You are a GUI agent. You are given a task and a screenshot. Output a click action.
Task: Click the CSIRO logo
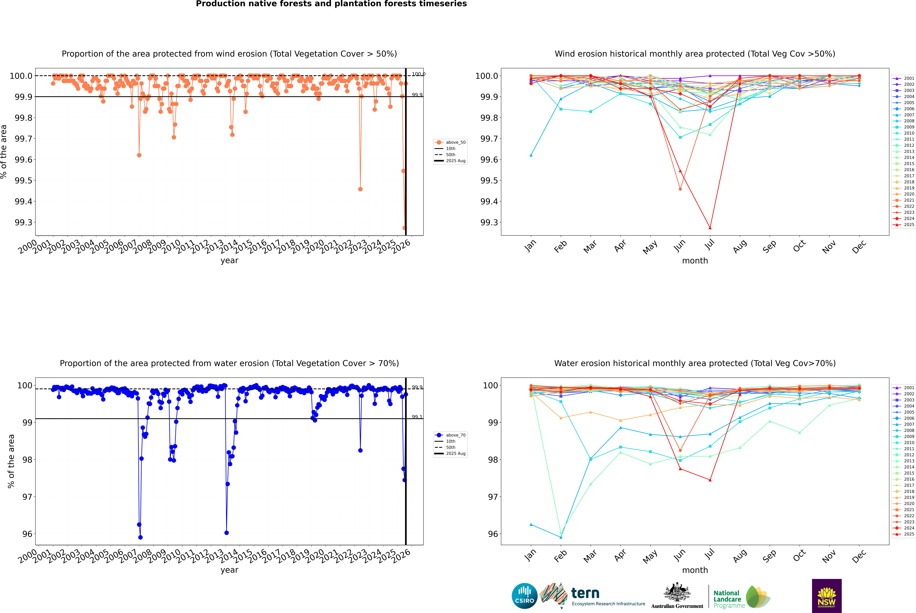click(524, 596)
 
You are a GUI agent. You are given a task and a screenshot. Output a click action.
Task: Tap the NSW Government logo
click(827, 596)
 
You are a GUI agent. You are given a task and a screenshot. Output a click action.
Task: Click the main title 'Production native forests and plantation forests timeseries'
click(331, 4)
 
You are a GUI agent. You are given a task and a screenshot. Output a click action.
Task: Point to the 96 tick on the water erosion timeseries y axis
click(27, 534)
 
